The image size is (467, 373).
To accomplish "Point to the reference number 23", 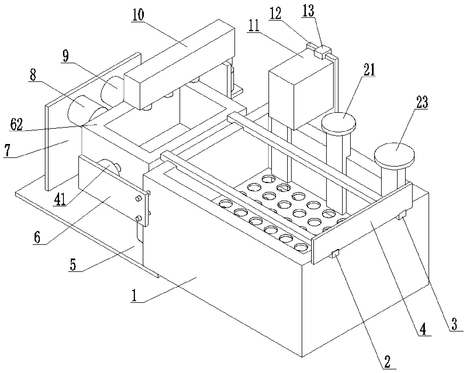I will click(422, 103).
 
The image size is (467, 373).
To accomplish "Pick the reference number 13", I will click(308, 11).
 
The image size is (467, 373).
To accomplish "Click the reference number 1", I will click(134, 296).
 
